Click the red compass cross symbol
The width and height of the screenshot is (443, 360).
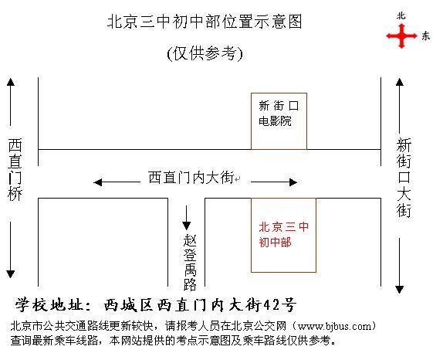[401, 36]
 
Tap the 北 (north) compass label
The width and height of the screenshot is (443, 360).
[401, 15]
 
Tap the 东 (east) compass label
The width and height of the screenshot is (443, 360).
[425, 36]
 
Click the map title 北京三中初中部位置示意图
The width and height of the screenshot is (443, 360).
[205, 22]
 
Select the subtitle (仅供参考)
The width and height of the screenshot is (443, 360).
[205, 53]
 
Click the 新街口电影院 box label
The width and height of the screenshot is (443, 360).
[279, 113]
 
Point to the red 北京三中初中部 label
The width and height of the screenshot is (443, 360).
[284, 234]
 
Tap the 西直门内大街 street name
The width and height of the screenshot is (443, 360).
[191, 178]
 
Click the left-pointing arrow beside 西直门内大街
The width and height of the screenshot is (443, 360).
[117, 182]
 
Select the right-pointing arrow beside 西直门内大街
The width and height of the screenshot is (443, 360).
[274, 182]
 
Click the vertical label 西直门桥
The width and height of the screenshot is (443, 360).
[15, 169]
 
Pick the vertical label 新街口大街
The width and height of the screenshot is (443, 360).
[404, 178]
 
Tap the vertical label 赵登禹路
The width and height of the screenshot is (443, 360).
[190, 263]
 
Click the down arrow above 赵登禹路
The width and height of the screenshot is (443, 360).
[186, 218]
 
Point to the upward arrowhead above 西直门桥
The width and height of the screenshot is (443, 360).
[11, 82]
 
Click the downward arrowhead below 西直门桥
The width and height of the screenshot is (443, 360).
[11, 274]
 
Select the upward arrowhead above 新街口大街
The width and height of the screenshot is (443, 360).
[400, 82]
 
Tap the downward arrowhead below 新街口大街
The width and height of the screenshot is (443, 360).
[400, 290]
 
